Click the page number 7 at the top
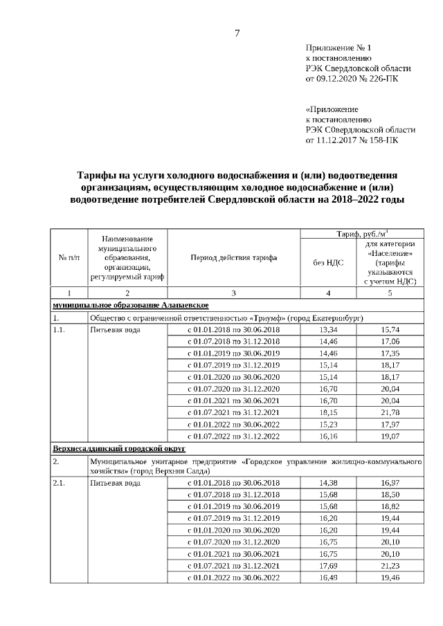coord(237,33)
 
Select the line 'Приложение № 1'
coord(338,48)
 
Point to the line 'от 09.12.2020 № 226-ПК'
coord(352,79)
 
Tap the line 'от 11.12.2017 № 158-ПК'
coord(352,140)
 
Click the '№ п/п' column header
coord(69,257)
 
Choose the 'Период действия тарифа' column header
coord(233,257)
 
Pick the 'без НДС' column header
coord(327,262)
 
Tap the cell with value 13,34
coord(327,329)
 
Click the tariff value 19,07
coord(390,436)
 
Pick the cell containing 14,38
coord(327,483)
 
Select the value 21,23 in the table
coord(390,565)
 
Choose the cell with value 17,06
coord(390,341)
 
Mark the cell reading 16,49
coord(327,577)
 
